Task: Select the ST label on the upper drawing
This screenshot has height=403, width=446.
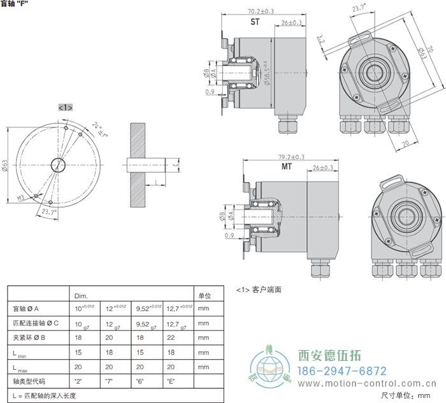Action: click(x=255, y=22)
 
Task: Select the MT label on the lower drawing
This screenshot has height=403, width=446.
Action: click(x=287, y=167)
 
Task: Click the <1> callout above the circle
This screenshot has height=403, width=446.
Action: click(x=66, y=108)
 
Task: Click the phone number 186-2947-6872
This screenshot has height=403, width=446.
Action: click(x=342, y=371)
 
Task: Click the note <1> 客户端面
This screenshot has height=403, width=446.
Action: click(x=259, y=289)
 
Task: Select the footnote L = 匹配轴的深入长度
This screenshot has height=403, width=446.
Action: click(x=45, y=396)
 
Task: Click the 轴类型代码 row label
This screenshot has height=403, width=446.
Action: click(x=31, y=381)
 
